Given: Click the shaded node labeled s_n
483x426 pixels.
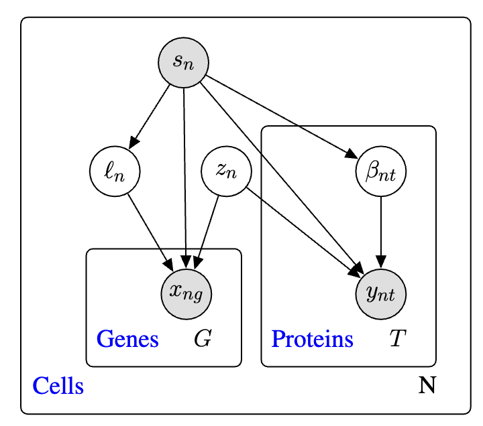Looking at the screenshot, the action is [x=184, y=63].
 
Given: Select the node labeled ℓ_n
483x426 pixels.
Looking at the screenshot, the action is [x=115, y=171].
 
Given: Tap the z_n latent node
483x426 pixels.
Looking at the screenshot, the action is [x=227, y=171].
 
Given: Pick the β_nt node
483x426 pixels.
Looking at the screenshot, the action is [x=381, y=171].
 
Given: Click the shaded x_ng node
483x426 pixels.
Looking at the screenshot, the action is [x=186, y=294].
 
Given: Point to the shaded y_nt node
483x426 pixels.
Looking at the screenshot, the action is [x=381, y=294].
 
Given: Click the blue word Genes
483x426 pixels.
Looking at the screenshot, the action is [x=127, y=339].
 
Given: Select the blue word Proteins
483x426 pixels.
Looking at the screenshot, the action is [x=312, y=339].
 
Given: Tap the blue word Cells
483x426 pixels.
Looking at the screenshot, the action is [x=58, y=385].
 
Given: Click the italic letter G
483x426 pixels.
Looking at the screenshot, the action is [x=203, y=338].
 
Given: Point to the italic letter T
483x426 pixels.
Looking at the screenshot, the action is [x=398, y=338].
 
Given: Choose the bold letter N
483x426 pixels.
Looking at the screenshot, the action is [x=427, y=384].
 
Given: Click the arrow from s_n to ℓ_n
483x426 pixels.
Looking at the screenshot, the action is [x=150, y=117].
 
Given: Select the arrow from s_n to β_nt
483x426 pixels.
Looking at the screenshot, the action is [x=282, y=117].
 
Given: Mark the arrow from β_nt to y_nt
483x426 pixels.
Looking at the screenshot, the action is [x=381, y=232].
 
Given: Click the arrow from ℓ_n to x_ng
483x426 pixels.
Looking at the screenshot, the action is [x=151, y=232].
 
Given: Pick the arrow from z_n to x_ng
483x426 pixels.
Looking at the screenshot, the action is [x=207, y=232].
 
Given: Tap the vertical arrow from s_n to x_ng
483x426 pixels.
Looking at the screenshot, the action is [x=185, y=178].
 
